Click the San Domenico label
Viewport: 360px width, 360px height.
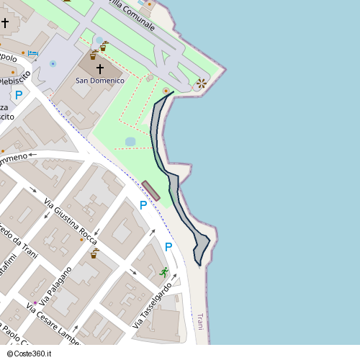point(100,81)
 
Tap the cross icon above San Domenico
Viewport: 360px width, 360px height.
point(99,68)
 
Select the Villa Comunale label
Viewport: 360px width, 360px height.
point(132,15)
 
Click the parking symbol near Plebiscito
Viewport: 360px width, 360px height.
point(19,94)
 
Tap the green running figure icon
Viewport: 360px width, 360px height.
point(165,271)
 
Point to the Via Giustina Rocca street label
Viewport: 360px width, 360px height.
point(70,220)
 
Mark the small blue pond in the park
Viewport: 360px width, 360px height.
point(130,142)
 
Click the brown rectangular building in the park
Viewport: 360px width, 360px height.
point(151,191)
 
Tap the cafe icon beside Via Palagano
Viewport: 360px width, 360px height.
point(94,254)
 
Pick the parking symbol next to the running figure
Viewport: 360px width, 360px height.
point(168,247)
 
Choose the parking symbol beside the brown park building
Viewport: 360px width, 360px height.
point(143,205)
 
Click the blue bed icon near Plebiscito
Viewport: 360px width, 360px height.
point(32,53)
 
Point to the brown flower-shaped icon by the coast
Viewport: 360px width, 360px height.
point(202,84)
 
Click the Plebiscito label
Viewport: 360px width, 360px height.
point(16,79)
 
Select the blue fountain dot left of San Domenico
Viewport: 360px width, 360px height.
point(53,63)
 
